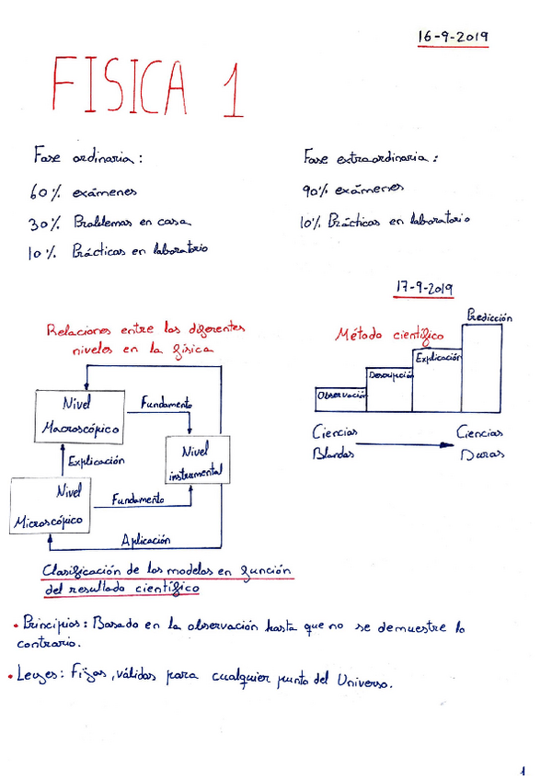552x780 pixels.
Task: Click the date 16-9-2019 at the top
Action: pos(451,38)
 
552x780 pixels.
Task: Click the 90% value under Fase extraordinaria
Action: pos(316,190)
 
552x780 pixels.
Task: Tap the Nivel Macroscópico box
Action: pos(81,416)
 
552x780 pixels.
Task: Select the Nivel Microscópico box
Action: pos(51,507)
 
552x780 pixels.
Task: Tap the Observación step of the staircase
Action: pos(340,395)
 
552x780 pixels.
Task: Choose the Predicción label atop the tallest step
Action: pos(489,316)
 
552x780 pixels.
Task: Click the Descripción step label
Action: pos(389,375)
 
